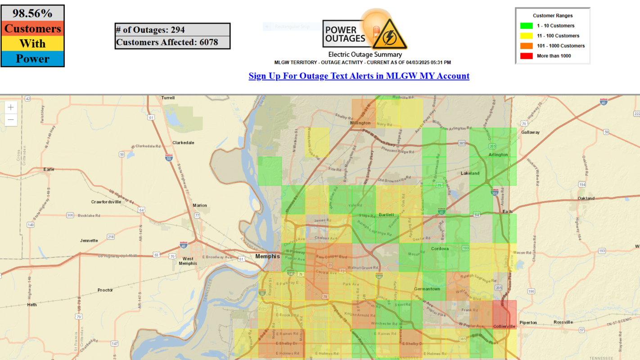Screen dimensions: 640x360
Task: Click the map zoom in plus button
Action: [x=11, y=108]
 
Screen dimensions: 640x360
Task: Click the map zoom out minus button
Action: [x=11, y=120]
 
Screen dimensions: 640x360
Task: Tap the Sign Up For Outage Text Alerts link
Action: [x=359, y=76]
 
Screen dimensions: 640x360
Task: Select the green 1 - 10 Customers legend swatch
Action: [x=526, y=26]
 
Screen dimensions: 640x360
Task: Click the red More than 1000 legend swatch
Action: [x=526, y=56]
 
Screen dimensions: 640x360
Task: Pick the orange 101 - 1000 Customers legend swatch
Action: [x=526, y=46]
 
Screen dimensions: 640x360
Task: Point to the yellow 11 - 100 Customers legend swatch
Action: [x=526, y=36]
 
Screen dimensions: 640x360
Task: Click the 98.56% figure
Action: [x=32, y=13]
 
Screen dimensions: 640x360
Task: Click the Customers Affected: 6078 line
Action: [x=167, y=42]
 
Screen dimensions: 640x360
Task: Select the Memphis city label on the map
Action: [x=267, y=256]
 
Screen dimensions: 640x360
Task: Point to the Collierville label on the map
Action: [x=504, y=326]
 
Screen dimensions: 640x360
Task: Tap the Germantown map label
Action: [x=427, y=289]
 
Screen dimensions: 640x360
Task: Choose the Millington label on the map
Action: [x=361, y=123]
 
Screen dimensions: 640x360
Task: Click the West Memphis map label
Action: [x=188, y=261]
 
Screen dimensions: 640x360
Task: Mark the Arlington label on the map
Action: [x=498, y=155]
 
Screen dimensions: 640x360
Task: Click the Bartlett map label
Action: [x=386, y=215]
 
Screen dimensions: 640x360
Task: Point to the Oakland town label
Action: [x=586, y=198]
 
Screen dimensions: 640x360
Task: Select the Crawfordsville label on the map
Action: [x=106, y=202]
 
